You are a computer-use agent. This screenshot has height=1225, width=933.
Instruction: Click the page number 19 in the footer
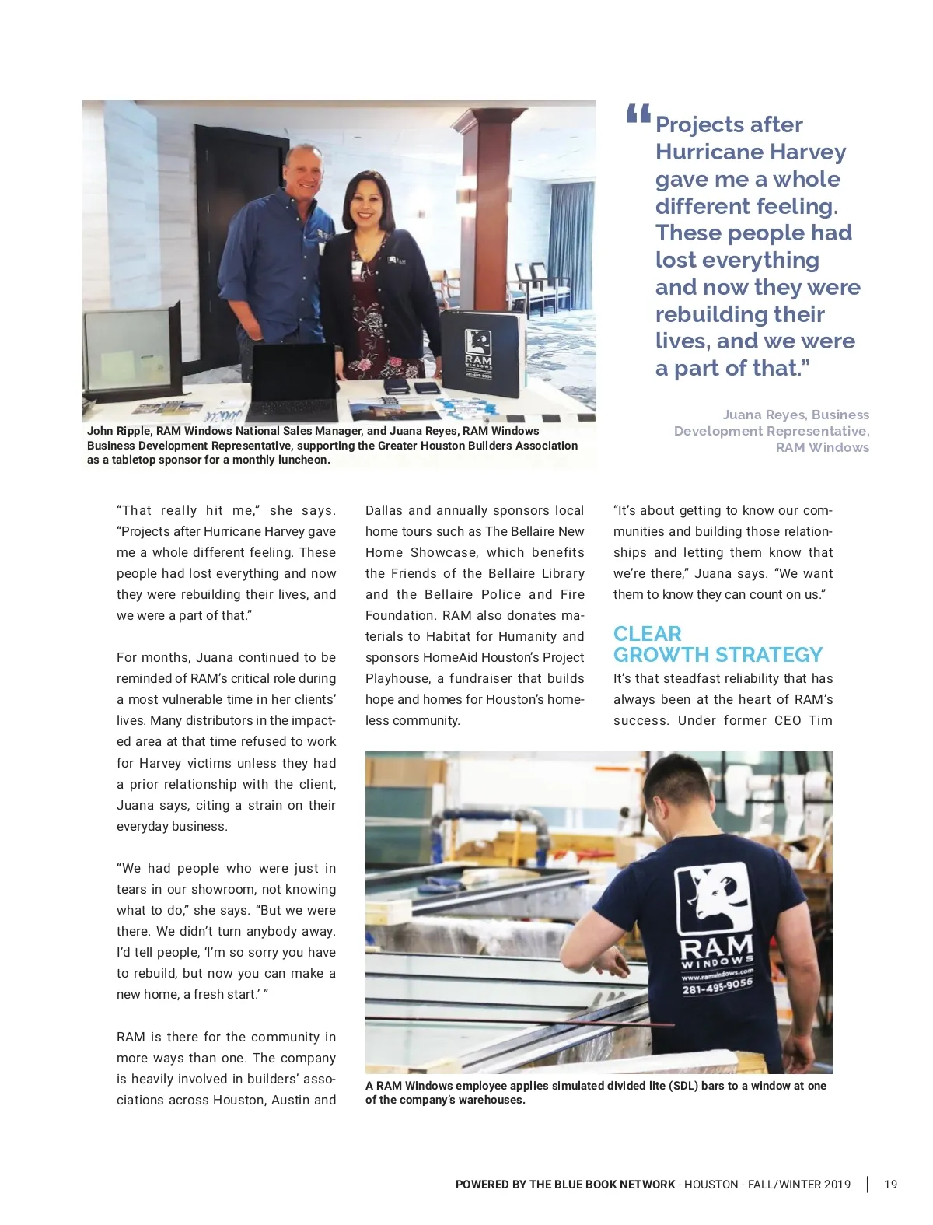pyautogui.click(x=890, y=1185)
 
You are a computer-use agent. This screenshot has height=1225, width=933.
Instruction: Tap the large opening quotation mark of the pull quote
pyautogui.click(x=638, y=115)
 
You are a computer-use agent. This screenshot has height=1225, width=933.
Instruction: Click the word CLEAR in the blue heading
pyautogui.click(x=647, y=634)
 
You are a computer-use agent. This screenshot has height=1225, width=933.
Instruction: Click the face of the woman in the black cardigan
pyautogui.click(x=366, y=201)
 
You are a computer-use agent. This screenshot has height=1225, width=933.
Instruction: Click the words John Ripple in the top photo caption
pyautogui.click(x=119, y=431)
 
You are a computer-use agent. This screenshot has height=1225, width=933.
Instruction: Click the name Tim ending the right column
pyautogui.click(x=820, y=720)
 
